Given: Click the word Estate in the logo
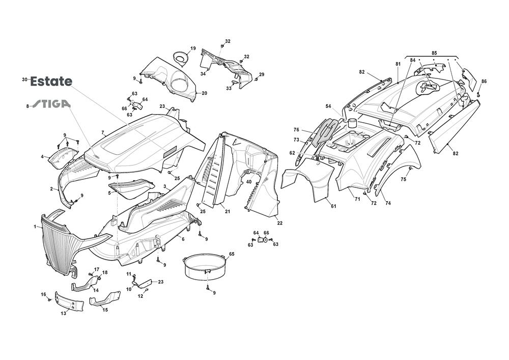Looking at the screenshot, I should [x=51, y=81].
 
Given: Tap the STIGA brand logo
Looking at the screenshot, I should [x=51, y=104].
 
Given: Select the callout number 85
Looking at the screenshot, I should [x=434, y=53].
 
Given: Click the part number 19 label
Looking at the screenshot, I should [x=193, y=48].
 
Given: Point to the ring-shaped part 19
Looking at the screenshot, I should [x=180, y=57].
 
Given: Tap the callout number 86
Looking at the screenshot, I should [x=484, y=81].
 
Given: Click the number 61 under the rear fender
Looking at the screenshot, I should [x=333, y=206].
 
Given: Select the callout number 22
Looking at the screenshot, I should [x=279, y=223].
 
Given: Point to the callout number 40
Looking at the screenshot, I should [x=248, y=182].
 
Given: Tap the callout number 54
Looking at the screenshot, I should [x=328, y=106].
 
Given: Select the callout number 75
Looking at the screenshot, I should [x=403, y=179].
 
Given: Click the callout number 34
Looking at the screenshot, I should [x=203, y=74].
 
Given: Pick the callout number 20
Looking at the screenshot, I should [x=205, y=93].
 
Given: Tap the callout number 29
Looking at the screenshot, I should [x=262, y=75].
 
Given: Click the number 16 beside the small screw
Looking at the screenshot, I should [x=43, y=294].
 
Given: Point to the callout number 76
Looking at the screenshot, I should [x=296, y=129].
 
